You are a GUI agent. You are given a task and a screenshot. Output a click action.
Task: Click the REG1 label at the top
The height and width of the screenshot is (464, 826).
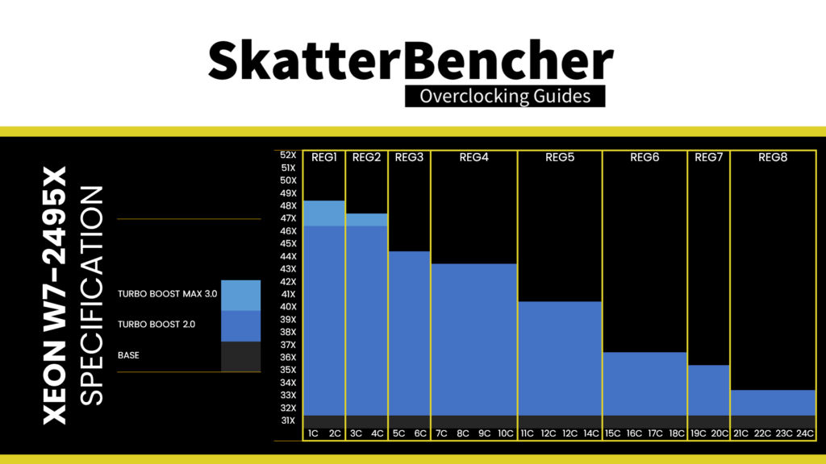(x=323, y=158)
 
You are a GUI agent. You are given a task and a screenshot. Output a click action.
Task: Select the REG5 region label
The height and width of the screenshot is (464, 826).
(x=559, y=158)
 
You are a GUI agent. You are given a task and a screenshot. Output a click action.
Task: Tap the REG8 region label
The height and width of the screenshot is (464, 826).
(x=773, y=158)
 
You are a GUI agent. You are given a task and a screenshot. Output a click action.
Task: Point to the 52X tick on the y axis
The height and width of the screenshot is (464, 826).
(x=288, y=155)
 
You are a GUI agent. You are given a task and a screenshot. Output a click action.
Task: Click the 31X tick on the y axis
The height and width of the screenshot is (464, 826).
(x=288, y=420)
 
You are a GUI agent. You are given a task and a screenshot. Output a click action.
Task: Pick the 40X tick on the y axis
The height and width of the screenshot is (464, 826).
(x=288, y=306)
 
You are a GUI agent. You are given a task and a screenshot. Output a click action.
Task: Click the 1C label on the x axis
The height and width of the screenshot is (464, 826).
(x=313, y=434)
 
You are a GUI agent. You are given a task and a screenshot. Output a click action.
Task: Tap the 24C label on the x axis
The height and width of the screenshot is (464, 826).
(x=804, y=434)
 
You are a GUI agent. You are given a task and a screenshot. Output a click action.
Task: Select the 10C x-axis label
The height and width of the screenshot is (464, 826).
(x=505, y=434)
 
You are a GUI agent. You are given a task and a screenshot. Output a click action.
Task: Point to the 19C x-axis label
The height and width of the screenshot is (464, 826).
(x=699, y=434)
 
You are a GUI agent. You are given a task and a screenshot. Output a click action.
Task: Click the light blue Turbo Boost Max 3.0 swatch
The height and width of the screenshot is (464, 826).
(x=240, y=295)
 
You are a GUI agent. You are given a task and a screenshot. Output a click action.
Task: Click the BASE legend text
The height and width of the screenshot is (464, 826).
(x=128, y=354)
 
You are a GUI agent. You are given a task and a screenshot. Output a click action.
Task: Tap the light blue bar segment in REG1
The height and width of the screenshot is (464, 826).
(x=323, y=213)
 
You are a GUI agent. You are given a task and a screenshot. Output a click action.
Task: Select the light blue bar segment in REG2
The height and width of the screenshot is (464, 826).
(x=366, y=220)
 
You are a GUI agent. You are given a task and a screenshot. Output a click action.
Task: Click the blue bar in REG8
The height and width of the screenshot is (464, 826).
(x=773, y=402)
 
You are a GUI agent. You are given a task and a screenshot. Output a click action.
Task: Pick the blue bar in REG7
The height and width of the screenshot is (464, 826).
(x=708, y=390)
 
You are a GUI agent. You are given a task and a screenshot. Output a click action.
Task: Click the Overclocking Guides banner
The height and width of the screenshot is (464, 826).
(x=505, y=97)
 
